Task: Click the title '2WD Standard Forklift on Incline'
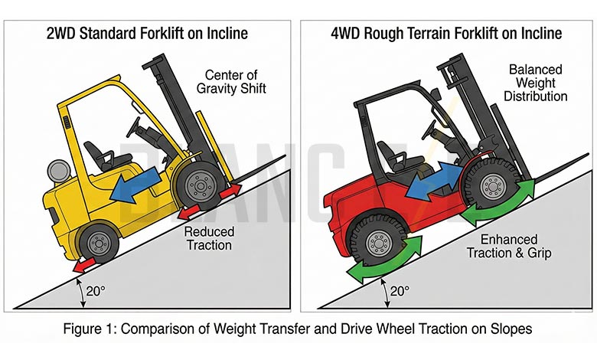coord(147,34)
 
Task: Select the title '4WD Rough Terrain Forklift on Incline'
coord(446,34)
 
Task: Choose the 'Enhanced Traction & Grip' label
coord(514,247)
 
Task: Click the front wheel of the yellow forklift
coord(201,185)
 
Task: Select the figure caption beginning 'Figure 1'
coord(298,332)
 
